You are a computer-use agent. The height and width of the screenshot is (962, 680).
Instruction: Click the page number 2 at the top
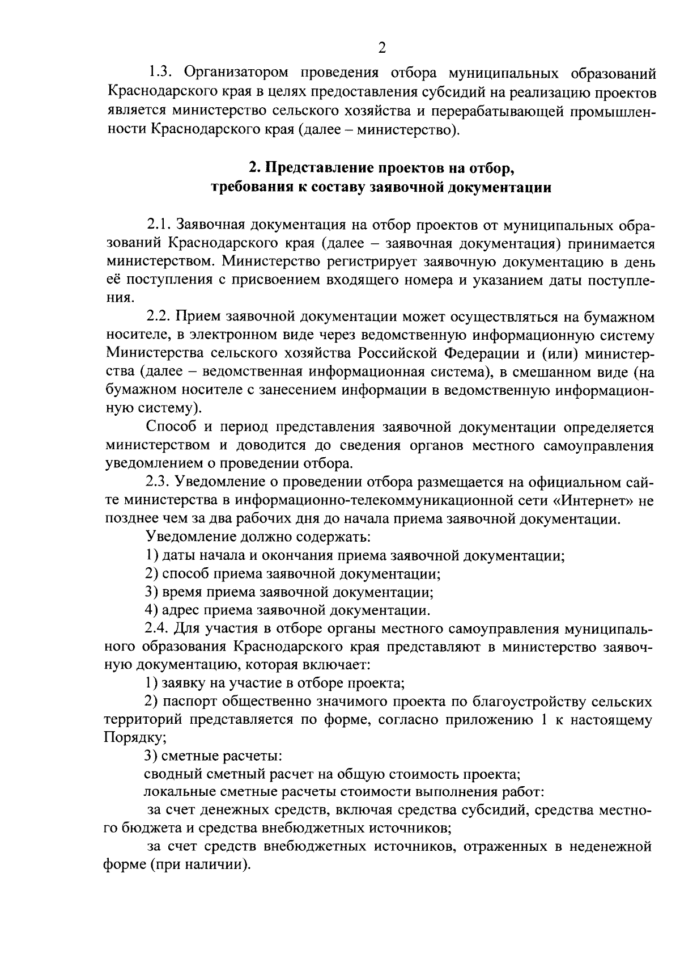(x=381, y=48)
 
